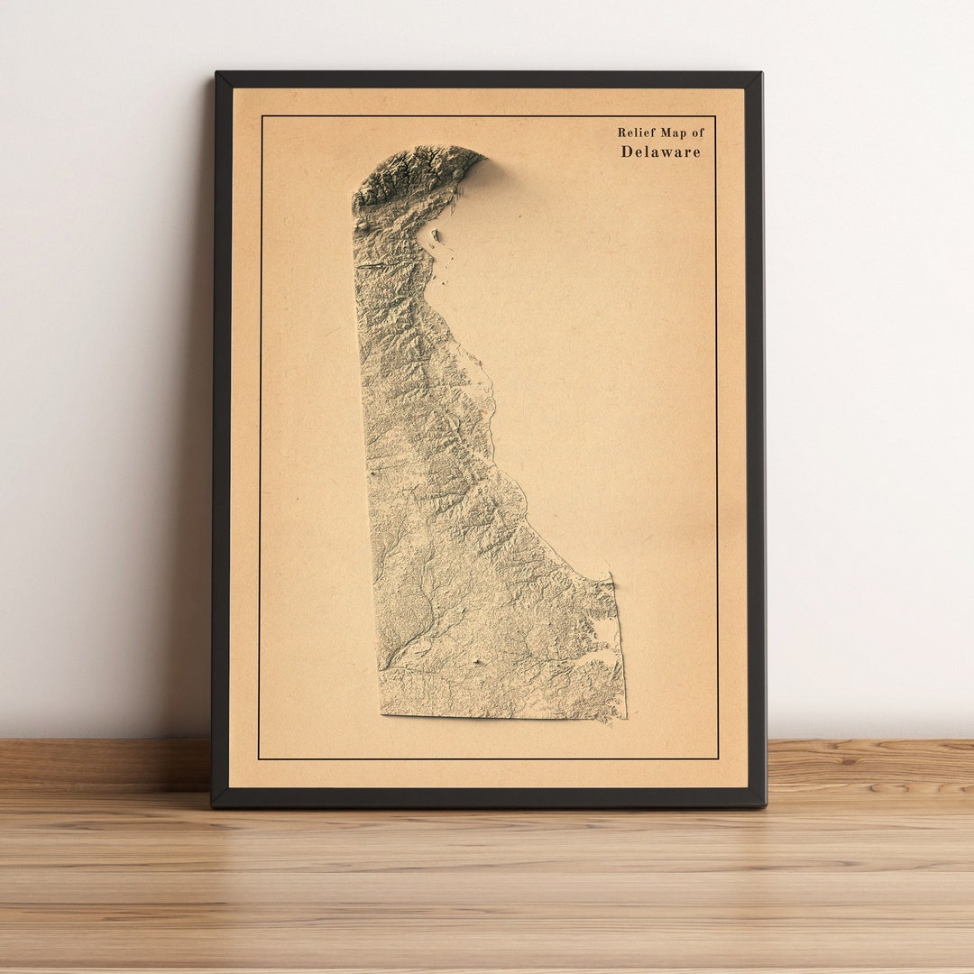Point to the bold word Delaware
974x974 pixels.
[660, 152]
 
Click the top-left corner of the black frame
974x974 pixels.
[216, 74]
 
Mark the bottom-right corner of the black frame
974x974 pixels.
[765, 804]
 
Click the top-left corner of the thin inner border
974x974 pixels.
[262, 116]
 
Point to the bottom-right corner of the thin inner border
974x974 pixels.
[718, 758]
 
